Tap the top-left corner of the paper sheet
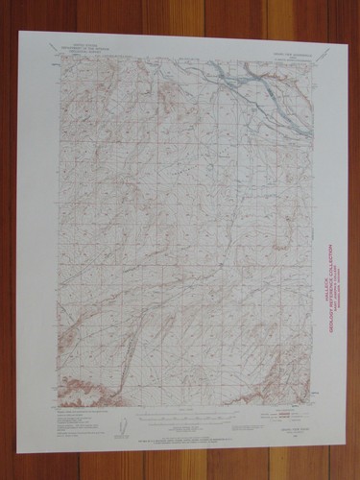tap(18, 32)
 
